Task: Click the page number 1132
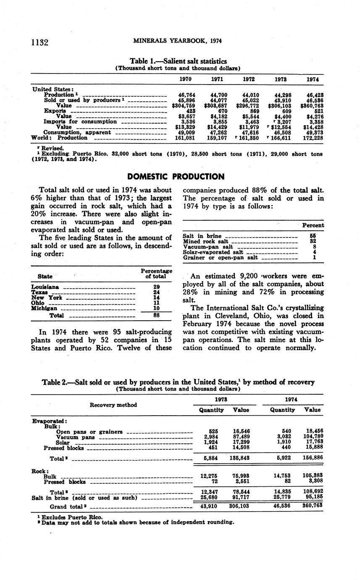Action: pos(40,42)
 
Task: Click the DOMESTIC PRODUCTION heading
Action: pos(176,177)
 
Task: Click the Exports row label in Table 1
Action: pos(55,111)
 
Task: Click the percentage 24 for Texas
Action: pos(156,292)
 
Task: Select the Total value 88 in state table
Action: pos(156,315)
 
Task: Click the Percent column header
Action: pos(313,225)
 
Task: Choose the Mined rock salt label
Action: pos(206,242)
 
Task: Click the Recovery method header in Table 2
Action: pos(113,405)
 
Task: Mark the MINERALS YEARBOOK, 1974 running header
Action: pos(177,41)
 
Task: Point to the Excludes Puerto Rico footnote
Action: pos(70,517)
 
